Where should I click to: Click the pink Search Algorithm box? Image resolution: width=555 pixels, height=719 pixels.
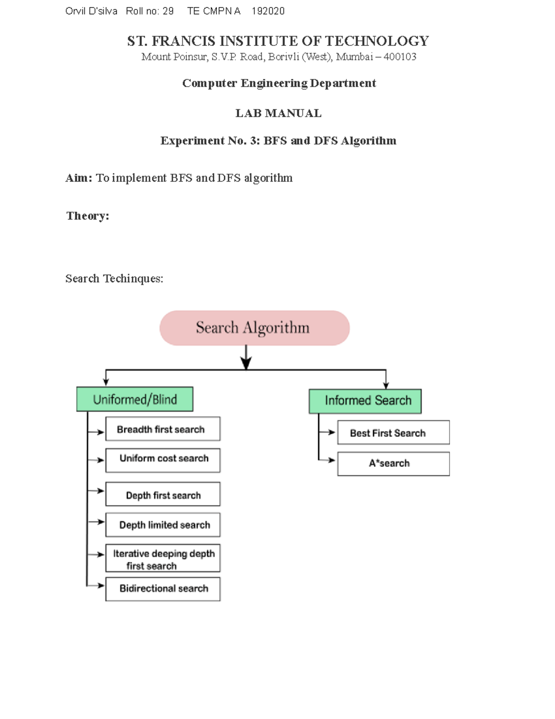[x=254, y=328]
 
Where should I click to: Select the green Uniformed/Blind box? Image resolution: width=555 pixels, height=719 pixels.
[x=135, y=399]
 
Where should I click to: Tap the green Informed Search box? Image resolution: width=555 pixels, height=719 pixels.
[x=365, y=401]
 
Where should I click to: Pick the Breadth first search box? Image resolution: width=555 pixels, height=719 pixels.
[x=162, y=429]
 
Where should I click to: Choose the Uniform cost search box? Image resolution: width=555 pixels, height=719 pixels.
[x=162, y=460]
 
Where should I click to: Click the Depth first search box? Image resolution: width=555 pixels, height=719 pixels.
[x=162, y=494]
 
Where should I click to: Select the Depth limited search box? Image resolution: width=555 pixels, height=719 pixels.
[x=162, y=525]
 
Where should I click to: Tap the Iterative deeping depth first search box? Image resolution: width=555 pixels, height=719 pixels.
[x=162, y=559]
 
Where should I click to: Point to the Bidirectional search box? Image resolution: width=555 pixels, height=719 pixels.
[x=162, y=589]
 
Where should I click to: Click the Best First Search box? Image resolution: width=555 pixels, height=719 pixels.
[x=393, y=432]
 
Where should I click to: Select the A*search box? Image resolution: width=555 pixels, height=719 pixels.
[x=393, y=464]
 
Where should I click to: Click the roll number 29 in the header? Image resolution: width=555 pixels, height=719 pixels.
[x=168, y=11]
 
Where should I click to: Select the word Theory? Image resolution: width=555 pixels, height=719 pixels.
[x=87, y=216]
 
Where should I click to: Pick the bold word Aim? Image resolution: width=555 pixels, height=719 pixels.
[x=79, y=178]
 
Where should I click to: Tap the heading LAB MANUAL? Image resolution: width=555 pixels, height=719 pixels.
[x=278, y=113]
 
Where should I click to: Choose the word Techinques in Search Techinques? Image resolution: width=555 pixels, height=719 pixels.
[x=133, y=279]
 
